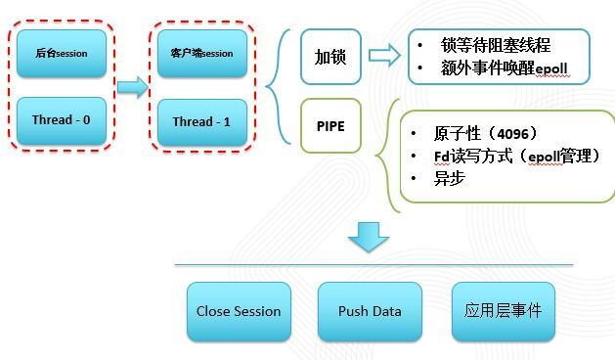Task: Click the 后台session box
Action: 61,54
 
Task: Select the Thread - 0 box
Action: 61,121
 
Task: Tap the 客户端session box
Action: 201,54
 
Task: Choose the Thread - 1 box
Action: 201,122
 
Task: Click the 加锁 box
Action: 329,56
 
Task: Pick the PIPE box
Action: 329,127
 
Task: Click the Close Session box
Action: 239,312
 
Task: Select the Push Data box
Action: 370,312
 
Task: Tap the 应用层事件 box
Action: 503,312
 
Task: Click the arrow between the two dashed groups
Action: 131,88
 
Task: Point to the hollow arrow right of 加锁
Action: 383,56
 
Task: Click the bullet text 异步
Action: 450,179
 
